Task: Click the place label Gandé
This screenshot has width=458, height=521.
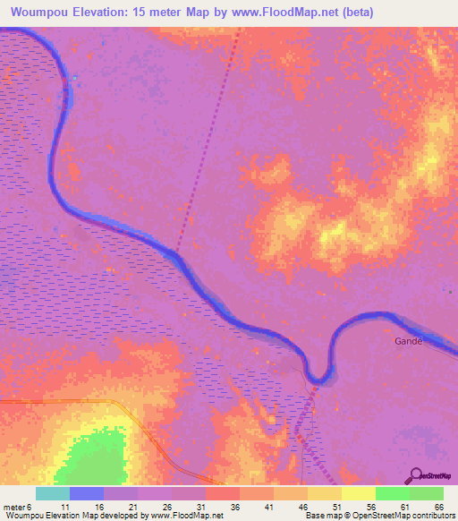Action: pos(407,341)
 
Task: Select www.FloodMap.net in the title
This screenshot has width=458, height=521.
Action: pos(288,13)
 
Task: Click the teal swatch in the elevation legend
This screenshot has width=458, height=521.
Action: pos(53,493)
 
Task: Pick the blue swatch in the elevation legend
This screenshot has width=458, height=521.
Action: pos(87,493)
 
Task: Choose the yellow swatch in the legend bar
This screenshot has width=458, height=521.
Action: pos(358,493)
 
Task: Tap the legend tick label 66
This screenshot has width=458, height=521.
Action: pos(438,506)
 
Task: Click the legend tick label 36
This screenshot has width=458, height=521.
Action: pos(235,506)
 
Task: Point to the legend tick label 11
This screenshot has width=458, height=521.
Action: pos(65,506)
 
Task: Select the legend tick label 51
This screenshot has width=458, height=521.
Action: pos(337,506)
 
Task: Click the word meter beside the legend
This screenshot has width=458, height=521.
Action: pos(14,506)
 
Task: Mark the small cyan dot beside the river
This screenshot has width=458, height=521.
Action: pos(75,78)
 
